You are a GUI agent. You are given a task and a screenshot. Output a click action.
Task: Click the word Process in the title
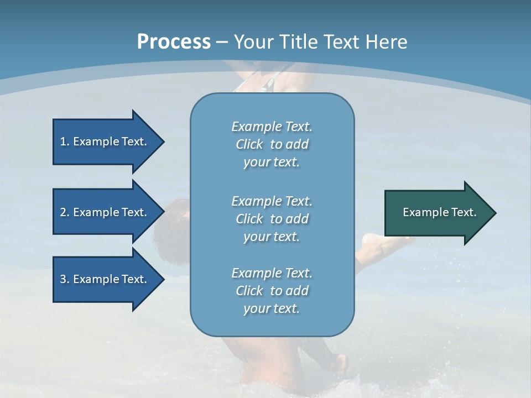(174, 42)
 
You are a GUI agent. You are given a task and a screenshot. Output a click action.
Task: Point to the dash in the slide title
(222, 43)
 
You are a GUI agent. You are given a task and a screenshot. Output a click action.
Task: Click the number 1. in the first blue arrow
(65, 142)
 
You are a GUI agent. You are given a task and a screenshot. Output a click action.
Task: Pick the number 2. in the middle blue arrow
(65, 212)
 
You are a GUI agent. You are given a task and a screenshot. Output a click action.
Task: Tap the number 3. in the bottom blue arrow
(65, 279)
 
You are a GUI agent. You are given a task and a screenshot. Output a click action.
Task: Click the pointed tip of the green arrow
(495, 213)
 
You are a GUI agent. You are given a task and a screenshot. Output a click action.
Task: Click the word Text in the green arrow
(464, 212)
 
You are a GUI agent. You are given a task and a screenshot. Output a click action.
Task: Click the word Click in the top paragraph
(249, 144)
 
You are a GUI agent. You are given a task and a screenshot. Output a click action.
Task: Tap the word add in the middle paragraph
(298, 219)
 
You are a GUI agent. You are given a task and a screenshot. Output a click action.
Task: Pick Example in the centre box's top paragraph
(256, 127)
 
